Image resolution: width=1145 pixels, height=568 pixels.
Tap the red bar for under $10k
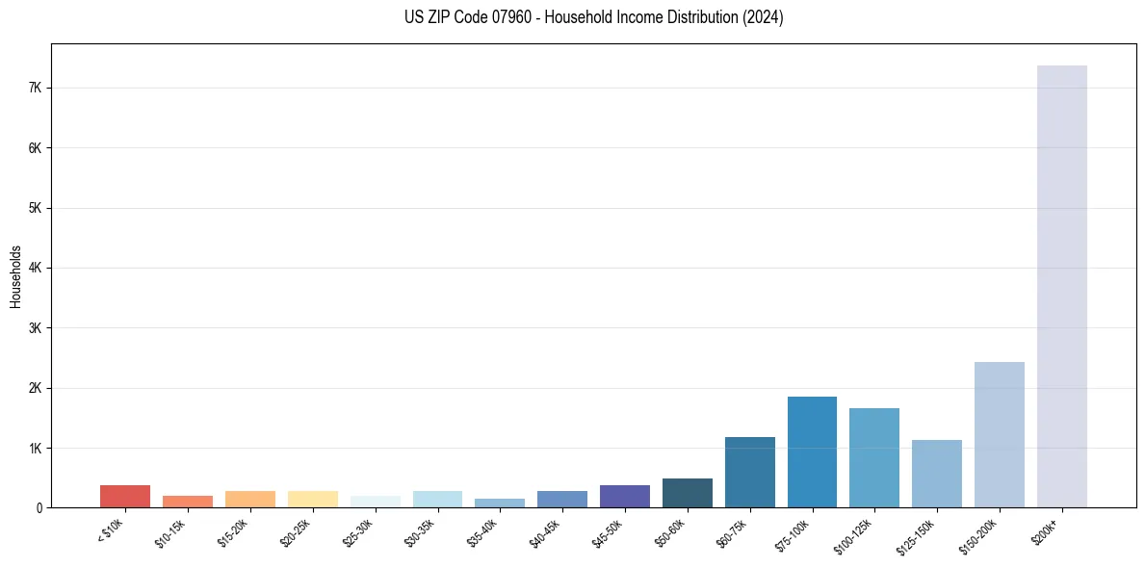click(125, 496)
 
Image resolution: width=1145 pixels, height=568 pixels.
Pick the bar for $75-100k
click(812, 452)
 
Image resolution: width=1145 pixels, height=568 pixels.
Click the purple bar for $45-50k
click(625, 496)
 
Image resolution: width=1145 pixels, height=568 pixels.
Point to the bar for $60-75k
click(749, 472)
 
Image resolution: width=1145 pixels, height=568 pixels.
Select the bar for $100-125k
click(874, 457)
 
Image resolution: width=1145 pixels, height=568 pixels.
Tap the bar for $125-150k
click(936, 474)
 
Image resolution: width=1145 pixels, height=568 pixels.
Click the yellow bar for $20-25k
click(313, 499)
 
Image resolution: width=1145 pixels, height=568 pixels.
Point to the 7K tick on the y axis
click(37, 88)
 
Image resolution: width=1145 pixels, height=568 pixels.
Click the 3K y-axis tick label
click(37, 328)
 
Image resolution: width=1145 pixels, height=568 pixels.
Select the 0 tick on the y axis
click(39, 508)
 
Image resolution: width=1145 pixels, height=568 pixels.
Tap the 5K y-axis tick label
click(37, 208)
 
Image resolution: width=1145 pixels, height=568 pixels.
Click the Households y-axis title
click(16, 276)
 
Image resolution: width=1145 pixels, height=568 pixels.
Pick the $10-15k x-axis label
click(170, 531)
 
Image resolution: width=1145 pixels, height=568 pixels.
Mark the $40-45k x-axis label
click(545, 531)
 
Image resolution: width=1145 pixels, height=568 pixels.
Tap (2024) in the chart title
click(764, 17)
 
